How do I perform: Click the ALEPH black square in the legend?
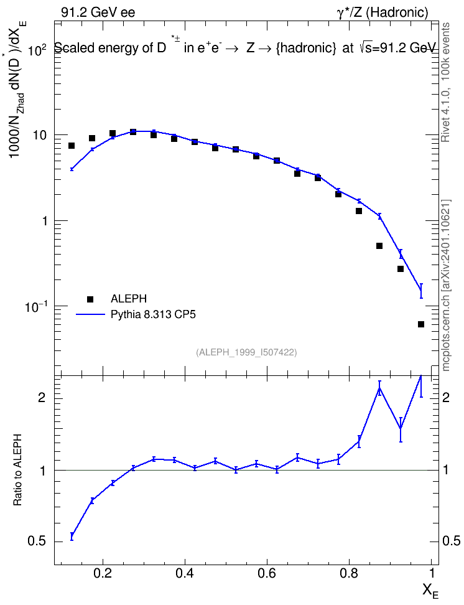90,299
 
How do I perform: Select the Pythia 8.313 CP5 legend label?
153,314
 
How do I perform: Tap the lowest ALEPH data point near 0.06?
421,324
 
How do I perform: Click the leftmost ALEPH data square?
72,146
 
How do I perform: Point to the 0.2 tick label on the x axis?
103,573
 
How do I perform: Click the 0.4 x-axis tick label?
185,573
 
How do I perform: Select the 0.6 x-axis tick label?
267,573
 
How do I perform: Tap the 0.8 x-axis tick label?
349,573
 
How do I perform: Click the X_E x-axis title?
430,590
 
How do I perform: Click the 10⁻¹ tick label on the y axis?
35,306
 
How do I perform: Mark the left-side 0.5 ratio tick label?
37,542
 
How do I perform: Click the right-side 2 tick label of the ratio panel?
446,397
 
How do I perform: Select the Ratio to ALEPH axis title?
17,471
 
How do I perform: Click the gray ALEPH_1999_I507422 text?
246,352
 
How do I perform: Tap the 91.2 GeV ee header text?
98,12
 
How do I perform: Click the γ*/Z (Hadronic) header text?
383,12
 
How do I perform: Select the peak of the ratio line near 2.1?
380,388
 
